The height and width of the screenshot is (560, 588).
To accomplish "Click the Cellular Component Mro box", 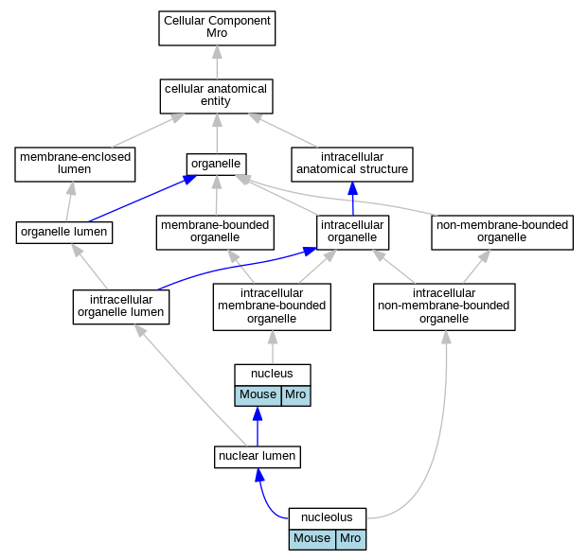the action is [x=217, y=28].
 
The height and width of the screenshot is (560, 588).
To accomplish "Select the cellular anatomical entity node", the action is [x=217, y=96].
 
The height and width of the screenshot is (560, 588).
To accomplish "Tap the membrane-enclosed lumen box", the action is [x=75, y=165].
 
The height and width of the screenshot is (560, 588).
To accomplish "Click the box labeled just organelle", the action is [x=217, y=164].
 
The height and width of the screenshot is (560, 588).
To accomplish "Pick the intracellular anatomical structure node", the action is [x=352, y=165].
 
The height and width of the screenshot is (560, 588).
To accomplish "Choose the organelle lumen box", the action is [x=64, y=233].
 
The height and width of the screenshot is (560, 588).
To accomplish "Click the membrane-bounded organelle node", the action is [x=215, y=233].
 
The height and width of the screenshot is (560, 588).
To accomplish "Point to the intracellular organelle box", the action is [x=353, y=233].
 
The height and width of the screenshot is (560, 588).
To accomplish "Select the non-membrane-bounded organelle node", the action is [x=503, y=233].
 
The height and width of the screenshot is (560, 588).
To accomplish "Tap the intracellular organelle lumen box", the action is [x=121, y=306].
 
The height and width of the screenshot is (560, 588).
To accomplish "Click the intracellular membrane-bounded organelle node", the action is [x=272, y=307].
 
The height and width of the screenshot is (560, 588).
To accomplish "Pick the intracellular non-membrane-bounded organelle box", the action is [x=444, y=307].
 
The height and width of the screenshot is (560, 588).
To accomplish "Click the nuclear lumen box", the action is [x=258, y=457].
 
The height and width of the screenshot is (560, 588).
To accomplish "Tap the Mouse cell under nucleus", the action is [x=258, y=396].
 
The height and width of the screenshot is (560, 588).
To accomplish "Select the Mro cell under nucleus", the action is [x=295, y=396].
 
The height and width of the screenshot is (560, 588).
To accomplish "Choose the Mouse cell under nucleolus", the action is [x=312, y=540].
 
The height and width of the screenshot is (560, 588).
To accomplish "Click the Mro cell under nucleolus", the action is [x=351, y=540].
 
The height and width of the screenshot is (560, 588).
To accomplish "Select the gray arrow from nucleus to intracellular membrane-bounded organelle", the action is [x=273, y=347].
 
